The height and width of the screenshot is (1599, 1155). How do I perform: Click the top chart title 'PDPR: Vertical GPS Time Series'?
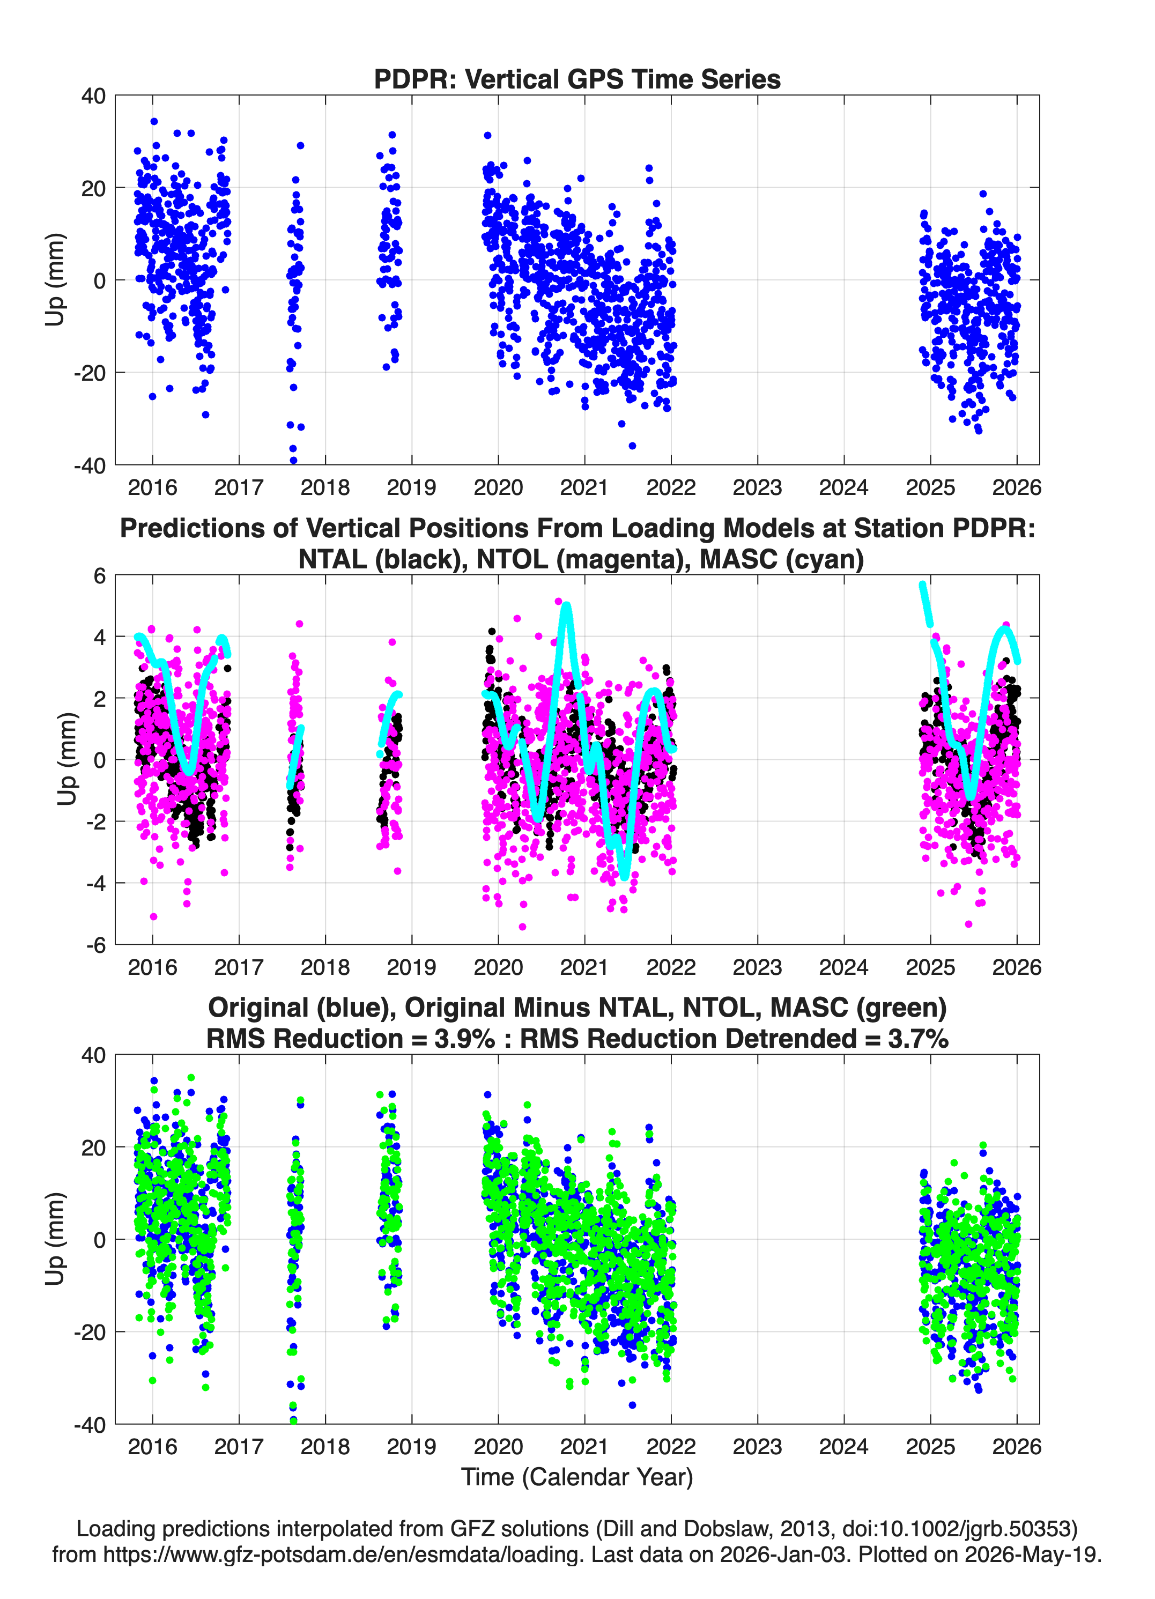pos(577,79)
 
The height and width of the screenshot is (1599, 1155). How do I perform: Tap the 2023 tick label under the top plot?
pos(757,487)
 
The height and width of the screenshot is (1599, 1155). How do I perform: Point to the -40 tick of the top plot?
pos(90,465)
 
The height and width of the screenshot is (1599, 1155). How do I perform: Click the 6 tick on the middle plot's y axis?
pos(99,576)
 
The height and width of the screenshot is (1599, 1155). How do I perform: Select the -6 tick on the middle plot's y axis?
pos(96,945)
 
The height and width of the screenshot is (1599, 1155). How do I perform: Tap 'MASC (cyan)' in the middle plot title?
pos(782,559)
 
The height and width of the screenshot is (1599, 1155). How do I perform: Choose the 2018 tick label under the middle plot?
pos(325,967)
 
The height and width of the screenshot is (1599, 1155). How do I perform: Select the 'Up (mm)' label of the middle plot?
pos(67,759)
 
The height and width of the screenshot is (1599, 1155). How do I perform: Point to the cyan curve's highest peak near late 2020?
pos(567,605)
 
